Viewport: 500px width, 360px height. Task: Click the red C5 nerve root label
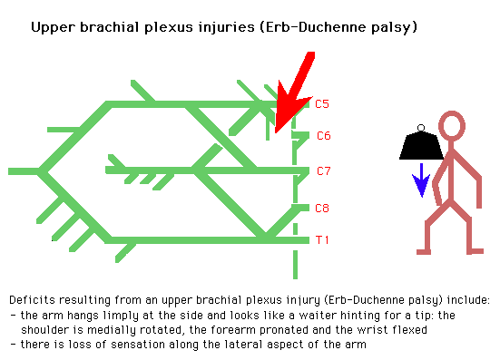point(321,104)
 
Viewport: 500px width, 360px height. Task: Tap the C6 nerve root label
point(322,136)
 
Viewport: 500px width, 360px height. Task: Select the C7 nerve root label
point(324,170)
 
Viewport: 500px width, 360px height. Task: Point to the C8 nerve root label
point(321,208)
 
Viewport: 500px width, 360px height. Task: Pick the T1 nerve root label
point(321,239)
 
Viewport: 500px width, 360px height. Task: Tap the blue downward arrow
point(419,180)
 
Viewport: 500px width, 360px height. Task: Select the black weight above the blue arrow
point(419,145)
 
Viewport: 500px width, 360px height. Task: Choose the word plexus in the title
point(147,27)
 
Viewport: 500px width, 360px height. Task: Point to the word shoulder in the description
point(41,330)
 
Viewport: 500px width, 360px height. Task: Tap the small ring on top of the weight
point(419,126)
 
